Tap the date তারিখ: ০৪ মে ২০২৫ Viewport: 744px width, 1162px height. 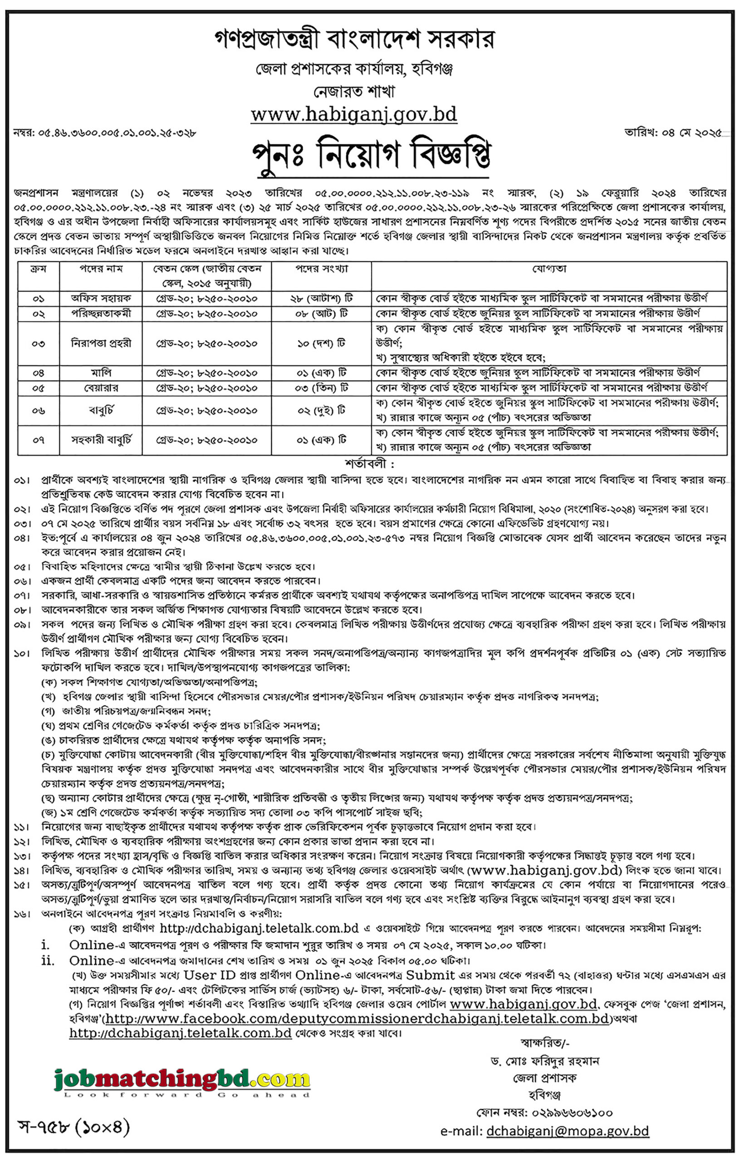point(674,133)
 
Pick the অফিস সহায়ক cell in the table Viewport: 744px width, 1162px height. point(101,298)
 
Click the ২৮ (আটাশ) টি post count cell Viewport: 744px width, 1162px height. point(321,298)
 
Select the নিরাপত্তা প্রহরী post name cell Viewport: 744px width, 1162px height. point(101,344)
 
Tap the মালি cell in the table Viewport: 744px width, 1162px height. point(101,373)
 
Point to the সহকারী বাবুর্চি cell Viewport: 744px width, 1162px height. point(101,440)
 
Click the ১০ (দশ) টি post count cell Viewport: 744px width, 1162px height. point(321,344)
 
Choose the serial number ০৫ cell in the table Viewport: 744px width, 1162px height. point(38,388)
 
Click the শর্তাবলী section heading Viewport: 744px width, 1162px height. point(370,464)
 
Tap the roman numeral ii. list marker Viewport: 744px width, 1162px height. point(47,960)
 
